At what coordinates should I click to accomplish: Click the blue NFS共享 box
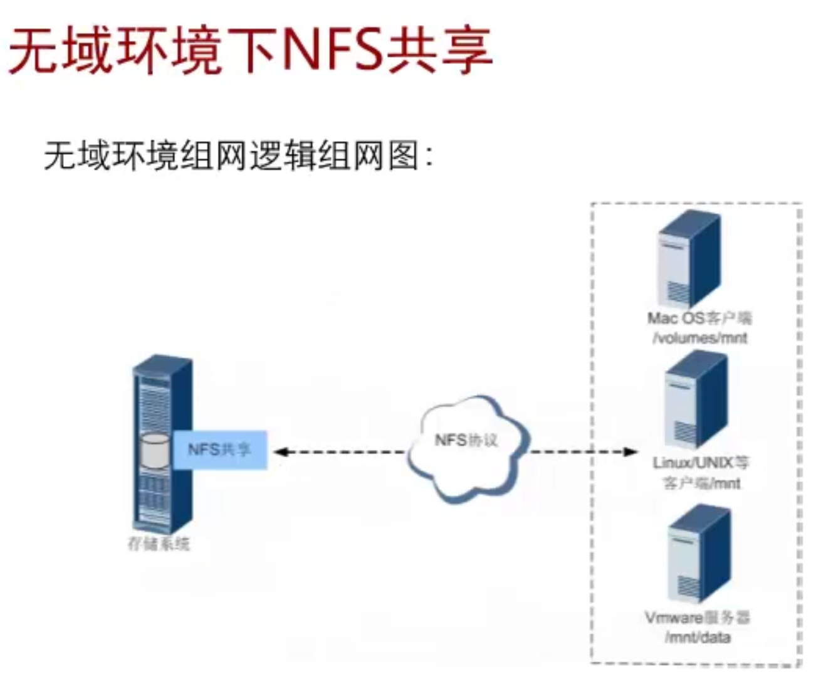click(220, 450)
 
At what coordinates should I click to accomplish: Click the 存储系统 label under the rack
click(159, 544)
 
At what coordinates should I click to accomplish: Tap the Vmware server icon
click(698, 554)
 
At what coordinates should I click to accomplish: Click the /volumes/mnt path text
click(700, 338)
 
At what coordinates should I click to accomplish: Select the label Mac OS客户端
click(699, 318)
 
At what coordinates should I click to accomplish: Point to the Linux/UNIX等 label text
click(701, 463)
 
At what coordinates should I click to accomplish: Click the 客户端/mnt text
click(701, 483)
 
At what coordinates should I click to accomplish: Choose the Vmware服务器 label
click(698, 618)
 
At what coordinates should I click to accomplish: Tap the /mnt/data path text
click(698, 638)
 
